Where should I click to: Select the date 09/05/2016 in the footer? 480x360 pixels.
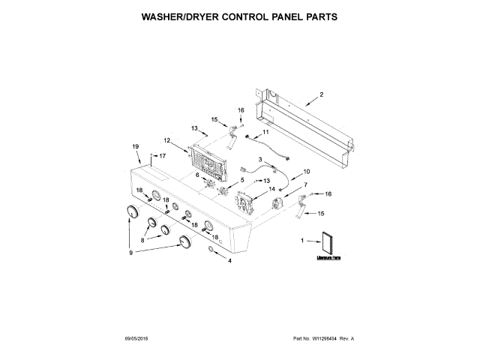(x=137, y=339)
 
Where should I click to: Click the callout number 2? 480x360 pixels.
(x=321, y=94)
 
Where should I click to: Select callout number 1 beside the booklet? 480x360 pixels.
(x=302, y=241)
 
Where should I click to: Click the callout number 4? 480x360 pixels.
(x=229, y=260)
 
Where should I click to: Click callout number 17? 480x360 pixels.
(x=161, y=155)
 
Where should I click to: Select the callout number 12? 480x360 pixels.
(x=168, y=140)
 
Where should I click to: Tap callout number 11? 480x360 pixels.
(x=264, y=132)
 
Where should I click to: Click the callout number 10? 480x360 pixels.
(x=306, y=172)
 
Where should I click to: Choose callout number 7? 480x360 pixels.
(x=305, y=184)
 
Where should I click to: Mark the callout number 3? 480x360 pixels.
(x=261, y=160)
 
